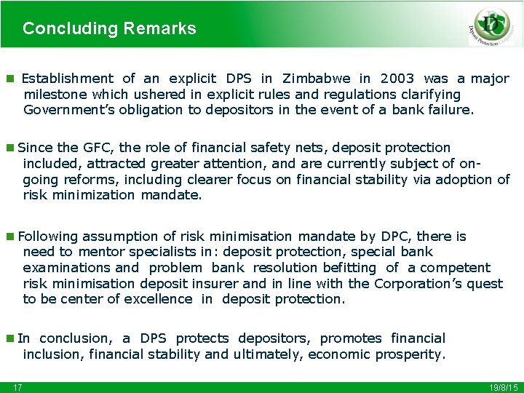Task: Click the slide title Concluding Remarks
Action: [109, 28]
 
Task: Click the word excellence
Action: [158, 299]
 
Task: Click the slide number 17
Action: [17, 387]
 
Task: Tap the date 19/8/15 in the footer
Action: [502, 387]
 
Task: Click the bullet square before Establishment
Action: [9, 79]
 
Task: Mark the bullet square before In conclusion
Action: [9, 338]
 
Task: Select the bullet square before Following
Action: [9, 237]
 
